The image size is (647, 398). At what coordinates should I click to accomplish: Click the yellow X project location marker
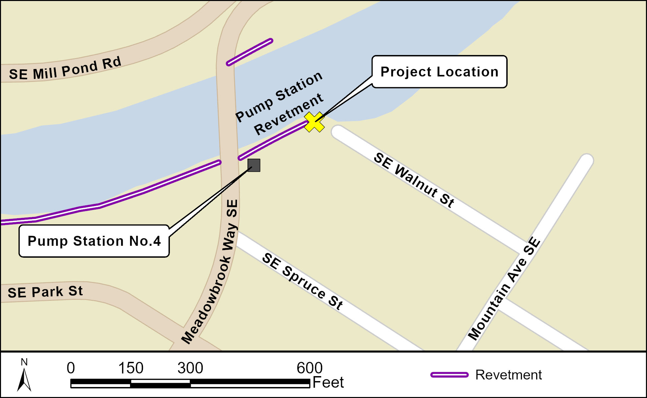tap(314, 122)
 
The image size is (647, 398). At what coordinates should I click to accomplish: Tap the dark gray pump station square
tap(254, 165)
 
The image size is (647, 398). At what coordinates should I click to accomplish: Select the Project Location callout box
tap(439, 72)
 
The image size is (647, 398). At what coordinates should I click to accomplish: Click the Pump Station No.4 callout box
tap(94, 241)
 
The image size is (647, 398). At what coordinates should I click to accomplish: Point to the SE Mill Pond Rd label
tap(65, 69)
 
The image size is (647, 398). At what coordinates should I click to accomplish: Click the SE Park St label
tap(45, 292)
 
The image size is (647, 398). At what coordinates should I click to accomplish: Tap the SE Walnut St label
tap(414, 180)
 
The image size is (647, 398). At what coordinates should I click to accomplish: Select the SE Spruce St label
tap(302, 281)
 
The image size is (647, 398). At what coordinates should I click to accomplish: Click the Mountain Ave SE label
tap(504, 288)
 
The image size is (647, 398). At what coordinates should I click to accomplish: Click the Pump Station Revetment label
tap(279, 103)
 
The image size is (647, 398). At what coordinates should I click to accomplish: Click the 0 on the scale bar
tap(71, 368)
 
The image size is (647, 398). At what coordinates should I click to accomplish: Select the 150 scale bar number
tap(131, 368)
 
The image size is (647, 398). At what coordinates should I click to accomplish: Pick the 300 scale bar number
tap(190, 368)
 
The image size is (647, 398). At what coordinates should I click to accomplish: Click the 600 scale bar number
tap(309, 368)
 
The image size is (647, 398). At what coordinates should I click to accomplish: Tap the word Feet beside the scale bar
tap(328, 382)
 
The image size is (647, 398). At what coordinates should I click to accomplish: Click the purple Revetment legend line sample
tap(449, 375)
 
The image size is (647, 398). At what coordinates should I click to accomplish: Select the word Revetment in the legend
tap(508, 375)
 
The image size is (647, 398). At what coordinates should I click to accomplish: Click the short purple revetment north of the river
tap(250, 52)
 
